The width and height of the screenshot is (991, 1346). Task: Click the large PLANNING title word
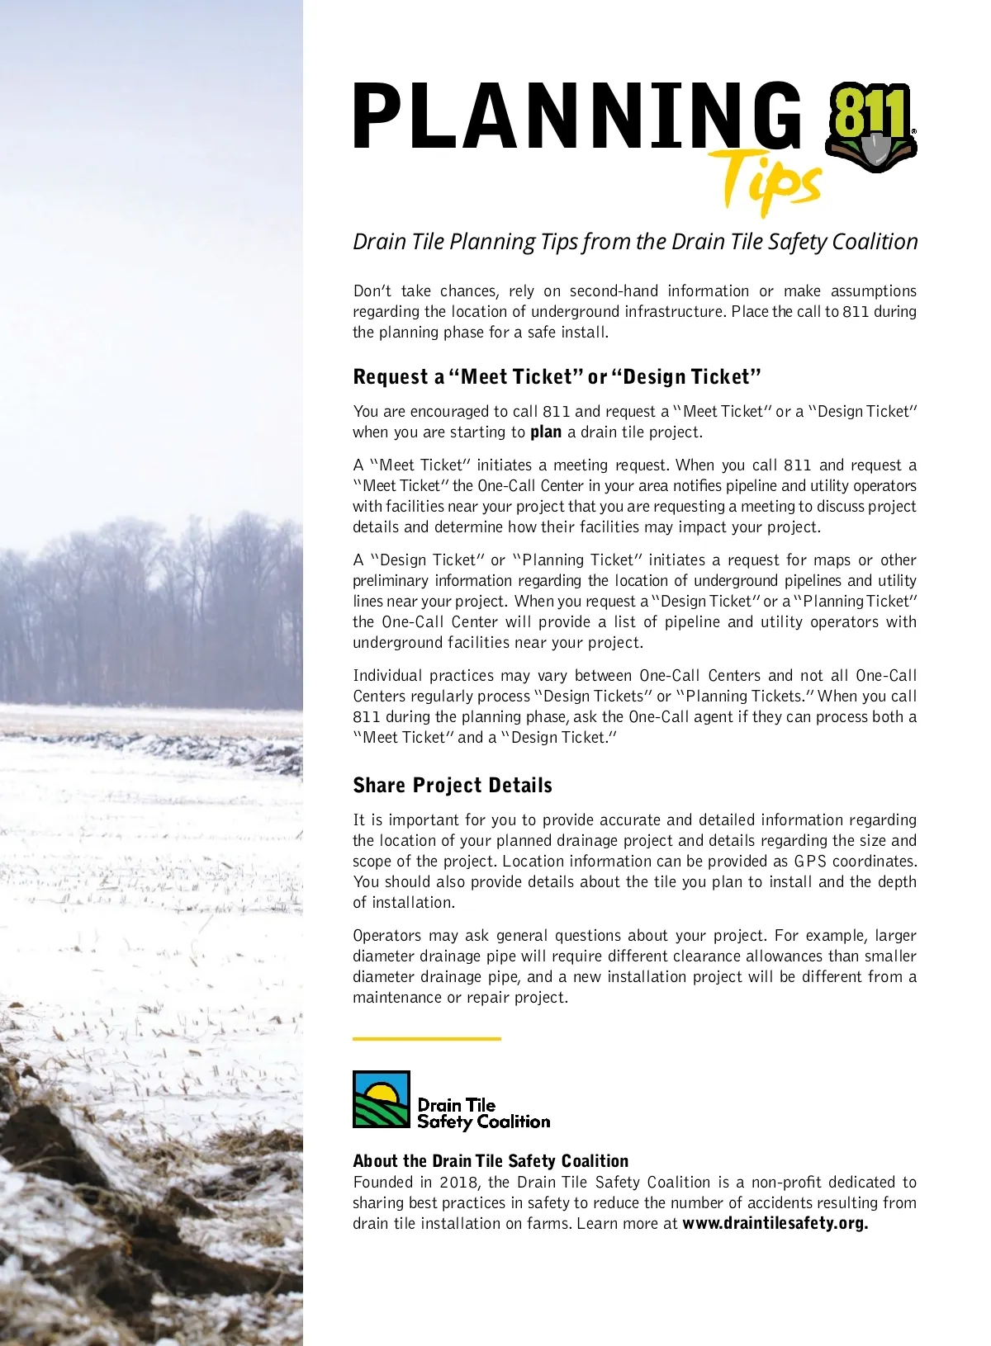coord(576,116)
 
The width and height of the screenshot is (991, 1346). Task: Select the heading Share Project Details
coord(453,785)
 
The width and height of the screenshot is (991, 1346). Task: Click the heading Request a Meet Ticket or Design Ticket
coord(557,377)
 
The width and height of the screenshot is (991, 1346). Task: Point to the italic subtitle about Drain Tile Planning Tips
coord(635,242)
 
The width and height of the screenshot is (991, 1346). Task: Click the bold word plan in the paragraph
coord(545,432)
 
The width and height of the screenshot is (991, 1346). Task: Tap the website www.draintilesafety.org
coord(775,1224)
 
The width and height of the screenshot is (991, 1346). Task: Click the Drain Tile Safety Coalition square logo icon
coord(381,1099)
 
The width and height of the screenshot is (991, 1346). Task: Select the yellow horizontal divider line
coord(426,1038)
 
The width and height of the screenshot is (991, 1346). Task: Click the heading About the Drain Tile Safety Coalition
coord(491,1161)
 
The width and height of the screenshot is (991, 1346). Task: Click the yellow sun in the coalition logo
coord(382,1093)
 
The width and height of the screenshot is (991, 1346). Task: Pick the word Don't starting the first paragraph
coord(372,291)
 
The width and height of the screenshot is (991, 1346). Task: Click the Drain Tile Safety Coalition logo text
coord(482,1113)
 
